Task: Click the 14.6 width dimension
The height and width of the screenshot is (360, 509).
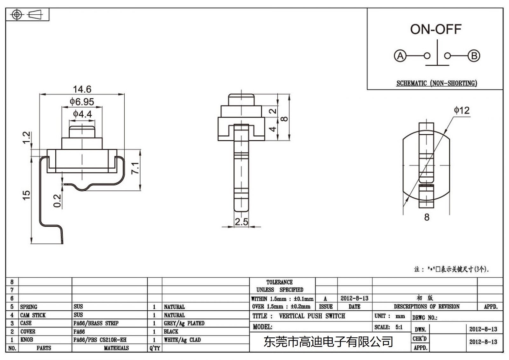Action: tap(82, 89)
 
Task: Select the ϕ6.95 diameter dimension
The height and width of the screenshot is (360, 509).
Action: tap(82, 102)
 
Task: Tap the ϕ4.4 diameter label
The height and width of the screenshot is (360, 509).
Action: tap(82, 114)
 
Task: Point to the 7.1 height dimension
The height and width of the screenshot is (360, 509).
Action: tap(136, 168)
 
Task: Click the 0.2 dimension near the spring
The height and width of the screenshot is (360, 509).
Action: tap(57, 201)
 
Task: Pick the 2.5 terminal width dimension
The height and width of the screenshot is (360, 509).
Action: tap(241, 222)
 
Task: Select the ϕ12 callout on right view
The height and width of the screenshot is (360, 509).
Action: tap(462, 110)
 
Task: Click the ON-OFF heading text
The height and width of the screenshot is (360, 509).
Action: tap(436, 29)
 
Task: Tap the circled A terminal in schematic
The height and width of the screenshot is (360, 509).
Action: tap(400, 56)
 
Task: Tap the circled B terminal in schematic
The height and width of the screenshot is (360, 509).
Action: tap(474, 56)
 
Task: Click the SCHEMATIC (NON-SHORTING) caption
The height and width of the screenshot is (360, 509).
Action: tap(436, 83)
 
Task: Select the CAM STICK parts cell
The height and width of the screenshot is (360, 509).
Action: tap(33, 315)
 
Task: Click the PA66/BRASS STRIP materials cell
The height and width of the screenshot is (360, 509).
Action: tap(96, 323)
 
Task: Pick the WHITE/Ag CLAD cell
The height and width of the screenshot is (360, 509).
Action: tap(182, 340)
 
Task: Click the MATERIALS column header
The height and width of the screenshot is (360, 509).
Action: tap(116, 348)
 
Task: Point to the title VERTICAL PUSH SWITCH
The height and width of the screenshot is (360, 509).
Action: tap(312, 316)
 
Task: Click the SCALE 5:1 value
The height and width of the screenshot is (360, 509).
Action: tap(399, 327)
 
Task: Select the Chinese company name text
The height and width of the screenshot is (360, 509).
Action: tap(328, 342)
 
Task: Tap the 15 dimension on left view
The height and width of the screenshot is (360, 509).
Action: tap(26, 195)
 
